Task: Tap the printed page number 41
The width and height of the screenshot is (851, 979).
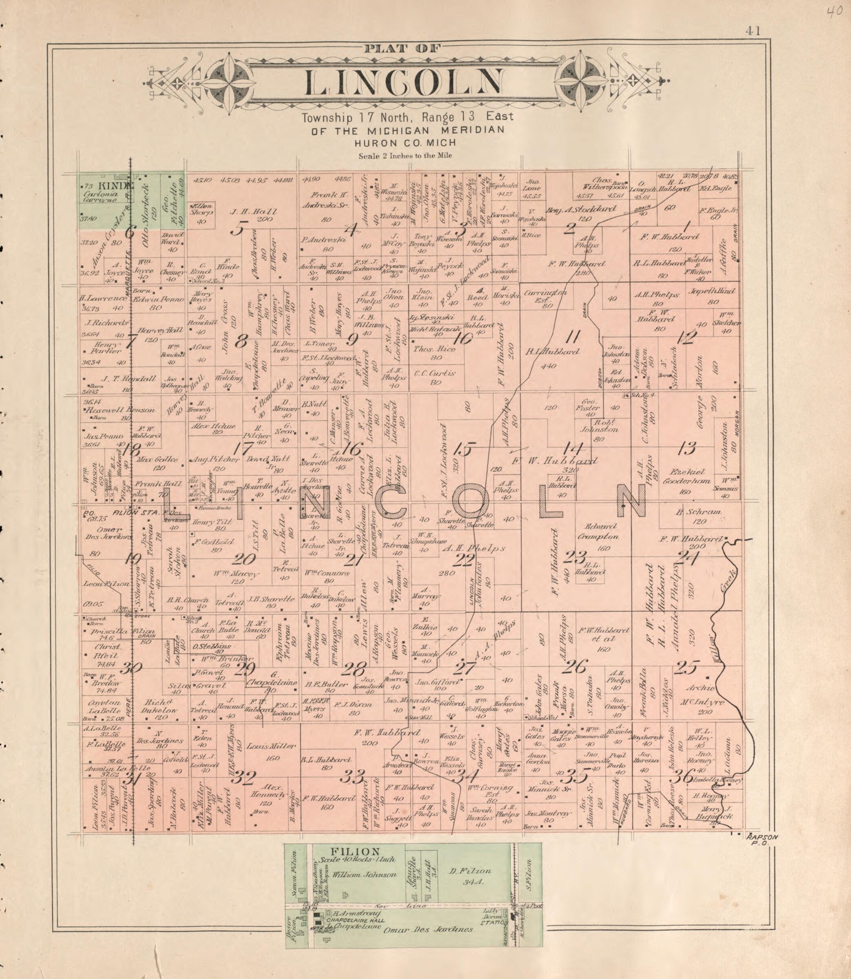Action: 753,31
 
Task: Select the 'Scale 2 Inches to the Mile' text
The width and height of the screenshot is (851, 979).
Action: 405,155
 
